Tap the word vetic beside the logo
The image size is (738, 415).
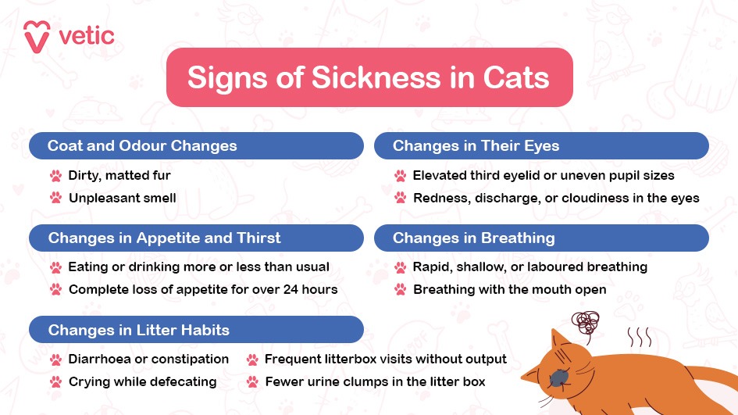[x=86, y=36]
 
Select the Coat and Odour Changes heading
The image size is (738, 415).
[x=142, y=146]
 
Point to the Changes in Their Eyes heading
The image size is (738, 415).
[x=476, y=146]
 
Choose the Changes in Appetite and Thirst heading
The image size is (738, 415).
[x=164, y=238]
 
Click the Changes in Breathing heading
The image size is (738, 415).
[x=473, y=238]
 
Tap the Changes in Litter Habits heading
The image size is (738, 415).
[x=139, y=330]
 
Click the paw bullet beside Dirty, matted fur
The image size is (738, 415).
[x=55, y=176]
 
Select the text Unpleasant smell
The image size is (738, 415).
[x=122, y=198]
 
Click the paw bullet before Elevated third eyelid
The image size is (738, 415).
[x=401, y=176]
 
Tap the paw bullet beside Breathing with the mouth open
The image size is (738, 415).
[x=401, y=290]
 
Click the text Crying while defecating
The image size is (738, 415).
[x=142, y=381]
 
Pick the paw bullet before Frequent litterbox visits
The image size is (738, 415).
[x=252, y=360]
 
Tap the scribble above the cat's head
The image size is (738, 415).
[x=586, y=321]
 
